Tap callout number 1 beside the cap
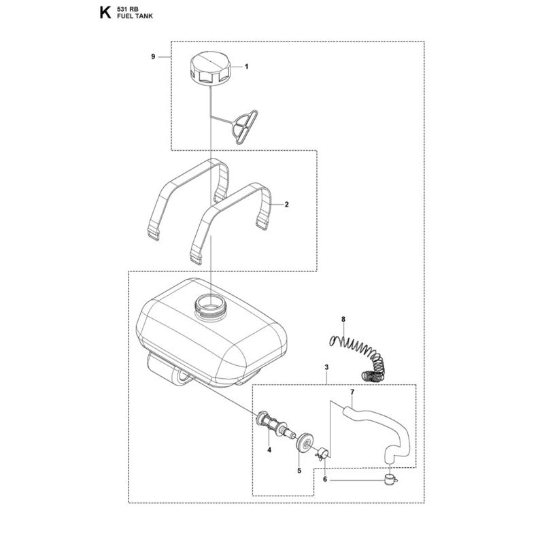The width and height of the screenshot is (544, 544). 247,66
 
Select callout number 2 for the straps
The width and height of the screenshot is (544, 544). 286,205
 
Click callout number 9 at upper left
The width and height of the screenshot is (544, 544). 153,56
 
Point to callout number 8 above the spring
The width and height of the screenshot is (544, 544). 343,319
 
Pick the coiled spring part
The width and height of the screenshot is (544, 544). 356,358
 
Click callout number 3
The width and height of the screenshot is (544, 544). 326,367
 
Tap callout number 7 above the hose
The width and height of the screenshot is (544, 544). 352,392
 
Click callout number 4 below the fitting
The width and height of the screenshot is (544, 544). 269,450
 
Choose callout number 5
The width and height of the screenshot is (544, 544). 299,471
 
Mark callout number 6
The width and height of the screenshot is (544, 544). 325,479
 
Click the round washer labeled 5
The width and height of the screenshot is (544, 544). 305,445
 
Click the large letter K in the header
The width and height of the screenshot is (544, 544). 105,13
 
